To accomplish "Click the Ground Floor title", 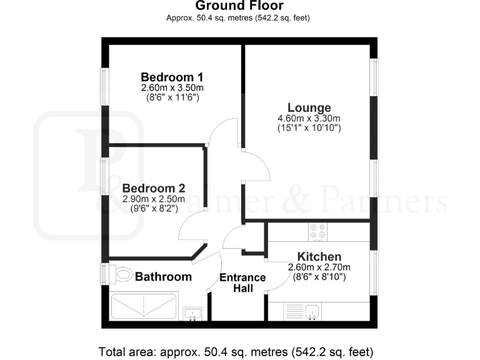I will (x=239, y=6).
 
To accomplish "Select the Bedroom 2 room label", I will (x=154, y=187).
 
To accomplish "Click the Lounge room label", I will (x=309, y=107).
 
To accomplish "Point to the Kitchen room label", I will (x=319, y=256).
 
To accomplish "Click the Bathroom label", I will (x=163, y=276).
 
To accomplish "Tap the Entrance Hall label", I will (x=242, y=282).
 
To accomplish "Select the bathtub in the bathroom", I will (x=144, y=306).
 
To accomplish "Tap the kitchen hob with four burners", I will (x=317, y=232).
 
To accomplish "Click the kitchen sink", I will (x=311, y=311).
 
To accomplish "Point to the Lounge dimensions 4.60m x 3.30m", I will (x=309, y=118).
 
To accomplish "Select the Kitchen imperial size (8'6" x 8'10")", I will (x=319, y=277).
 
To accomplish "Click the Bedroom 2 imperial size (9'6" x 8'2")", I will (x=154, y=209).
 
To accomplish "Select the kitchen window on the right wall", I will (x=374, y=272).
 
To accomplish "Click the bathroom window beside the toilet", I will (x=106, y=274).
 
